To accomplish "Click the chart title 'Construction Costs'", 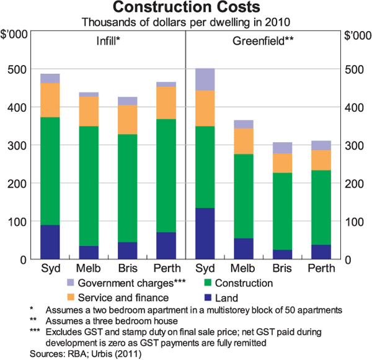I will [185, 9].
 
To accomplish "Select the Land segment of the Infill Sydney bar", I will [50, 242].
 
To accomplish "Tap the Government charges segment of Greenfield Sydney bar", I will [205, 79].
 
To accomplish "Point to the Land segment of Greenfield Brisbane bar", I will [282, 254].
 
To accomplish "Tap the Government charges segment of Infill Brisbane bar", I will [128, 101].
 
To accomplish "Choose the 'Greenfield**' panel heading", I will [263, 43].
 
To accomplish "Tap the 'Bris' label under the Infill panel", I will [127, 269].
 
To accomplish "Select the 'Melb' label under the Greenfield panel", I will [244, 269].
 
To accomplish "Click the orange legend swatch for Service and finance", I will [71, 296].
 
